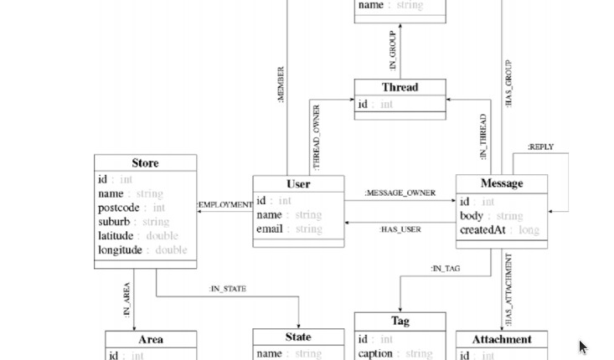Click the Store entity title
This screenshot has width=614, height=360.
coord(145,163)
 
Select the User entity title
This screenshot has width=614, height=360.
coord(298,184)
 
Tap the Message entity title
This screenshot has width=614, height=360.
coord(502,183)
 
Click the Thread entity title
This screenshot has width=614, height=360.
coord(400,87)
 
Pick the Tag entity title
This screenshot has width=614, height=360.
coord(400,321)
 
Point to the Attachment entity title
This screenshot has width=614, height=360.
coord(501,339)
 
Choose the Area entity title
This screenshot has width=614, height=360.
coord(151,339)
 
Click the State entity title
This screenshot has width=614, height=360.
coord(298,337)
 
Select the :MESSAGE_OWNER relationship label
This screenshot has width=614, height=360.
coord(400,193)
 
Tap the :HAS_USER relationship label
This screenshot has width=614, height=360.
coord(400,229)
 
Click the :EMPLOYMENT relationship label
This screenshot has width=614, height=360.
coord(224,204)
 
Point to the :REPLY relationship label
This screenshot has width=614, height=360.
coord(540,147)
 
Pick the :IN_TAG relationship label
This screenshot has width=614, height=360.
coord(445,269)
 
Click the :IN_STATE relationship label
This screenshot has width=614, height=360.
coord(228,289)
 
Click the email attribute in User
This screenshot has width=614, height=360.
coord(270,229)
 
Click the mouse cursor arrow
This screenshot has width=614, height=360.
coord(583,347)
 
